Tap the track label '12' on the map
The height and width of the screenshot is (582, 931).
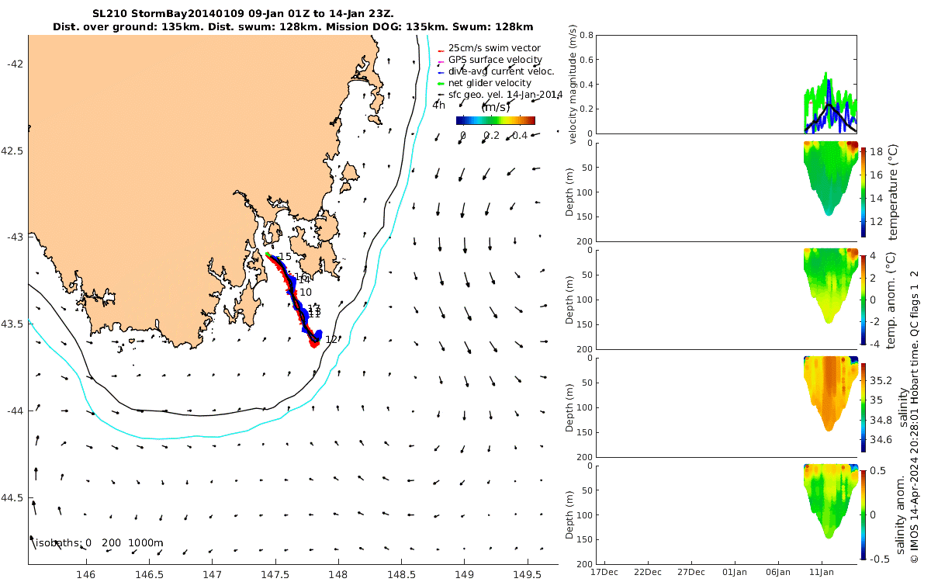point(331,339)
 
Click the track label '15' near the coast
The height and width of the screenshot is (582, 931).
point(285,257)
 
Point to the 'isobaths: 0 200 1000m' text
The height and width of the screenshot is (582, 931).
point(99,543)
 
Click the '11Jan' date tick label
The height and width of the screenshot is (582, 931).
point(822,572)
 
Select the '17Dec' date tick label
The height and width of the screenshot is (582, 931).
point(604,572)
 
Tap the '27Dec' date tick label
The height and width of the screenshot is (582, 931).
point(691,572)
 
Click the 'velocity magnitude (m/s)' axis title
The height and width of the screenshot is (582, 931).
point(575,85)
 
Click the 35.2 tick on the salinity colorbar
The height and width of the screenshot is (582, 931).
point(881,381)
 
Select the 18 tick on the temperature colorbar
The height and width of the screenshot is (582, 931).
point(874,153)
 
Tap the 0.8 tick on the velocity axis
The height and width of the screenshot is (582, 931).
point(586,36)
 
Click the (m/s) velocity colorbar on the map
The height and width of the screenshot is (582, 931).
point(495,120)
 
